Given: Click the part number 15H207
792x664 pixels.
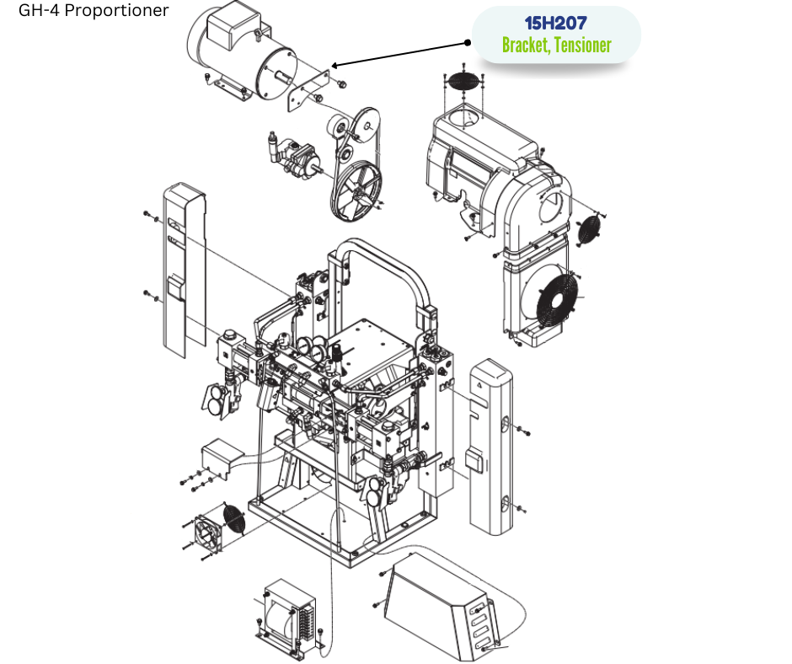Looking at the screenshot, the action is click(555, 24).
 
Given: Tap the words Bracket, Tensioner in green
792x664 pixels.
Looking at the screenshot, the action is click(557, 45).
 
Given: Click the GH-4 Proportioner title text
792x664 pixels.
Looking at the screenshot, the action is click(94, 10).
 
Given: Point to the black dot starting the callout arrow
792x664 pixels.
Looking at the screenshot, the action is click(468, 42).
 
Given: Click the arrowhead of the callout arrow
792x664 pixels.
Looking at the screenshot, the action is click(334, 65).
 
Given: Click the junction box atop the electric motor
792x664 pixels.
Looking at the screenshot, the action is click(233, 26).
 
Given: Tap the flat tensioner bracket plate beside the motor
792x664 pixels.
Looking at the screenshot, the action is click(308, 91).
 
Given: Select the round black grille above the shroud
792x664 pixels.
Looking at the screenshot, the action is click(463, 82).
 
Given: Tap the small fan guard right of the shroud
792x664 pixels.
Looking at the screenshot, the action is click(589, 230).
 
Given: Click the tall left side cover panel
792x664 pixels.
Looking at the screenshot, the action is click(185, 270).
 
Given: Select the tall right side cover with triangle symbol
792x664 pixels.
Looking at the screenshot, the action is click(490, 447).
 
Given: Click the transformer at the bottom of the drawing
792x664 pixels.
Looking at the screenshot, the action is click(288, 615).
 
